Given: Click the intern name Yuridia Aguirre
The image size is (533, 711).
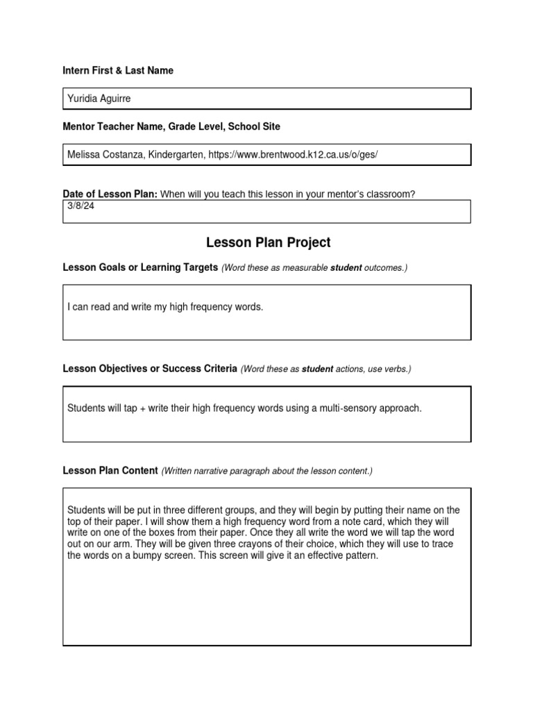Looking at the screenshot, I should click(99, 99).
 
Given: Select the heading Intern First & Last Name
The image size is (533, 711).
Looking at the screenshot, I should click(118, 70).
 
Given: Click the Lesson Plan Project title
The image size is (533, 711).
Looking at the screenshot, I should click(268, 242).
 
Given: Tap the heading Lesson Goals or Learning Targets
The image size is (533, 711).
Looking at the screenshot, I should click(140, 267).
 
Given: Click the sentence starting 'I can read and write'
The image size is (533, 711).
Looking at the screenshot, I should click(165, 306).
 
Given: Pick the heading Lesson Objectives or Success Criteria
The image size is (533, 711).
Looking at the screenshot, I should click(150, 369).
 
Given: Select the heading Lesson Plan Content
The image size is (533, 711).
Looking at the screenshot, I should click(110, 470).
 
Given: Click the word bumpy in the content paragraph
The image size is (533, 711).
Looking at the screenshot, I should click(132, 555).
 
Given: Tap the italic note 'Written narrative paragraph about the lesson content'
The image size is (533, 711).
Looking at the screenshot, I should click(267, 471).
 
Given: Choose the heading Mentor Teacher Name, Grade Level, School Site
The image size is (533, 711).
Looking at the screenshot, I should click(171, 126).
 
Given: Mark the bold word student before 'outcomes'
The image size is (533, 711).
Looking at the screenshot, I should click(346, 268).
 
